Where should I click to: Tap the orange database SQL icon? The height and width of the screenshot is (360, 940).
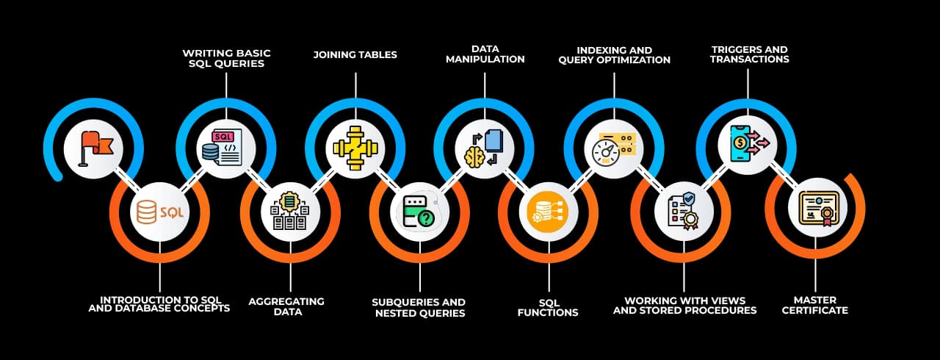[x=159, y=212]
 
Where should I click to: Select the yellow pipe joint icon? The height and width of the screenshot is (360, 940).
[x=355, y=146]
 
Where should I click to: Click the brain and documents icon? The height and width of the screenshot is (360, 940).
[x=483, y=146]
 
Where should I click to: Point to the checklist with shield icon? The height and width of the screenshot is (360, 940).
[x=683, y=212]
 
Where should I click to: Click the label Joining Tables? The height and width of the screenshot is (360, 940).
[x=355, y=54]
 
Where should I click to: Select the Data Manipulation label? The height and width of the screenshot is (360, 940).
[x=484, y=54]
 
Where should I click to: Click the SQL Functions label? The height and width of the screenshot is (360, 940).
[x=548, y=307]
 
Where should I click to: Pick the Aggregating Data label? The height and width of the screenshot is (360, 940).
[x=286, y=306]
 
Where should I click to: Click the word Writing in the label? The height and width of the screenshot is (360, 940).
[x=203, y=53]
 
